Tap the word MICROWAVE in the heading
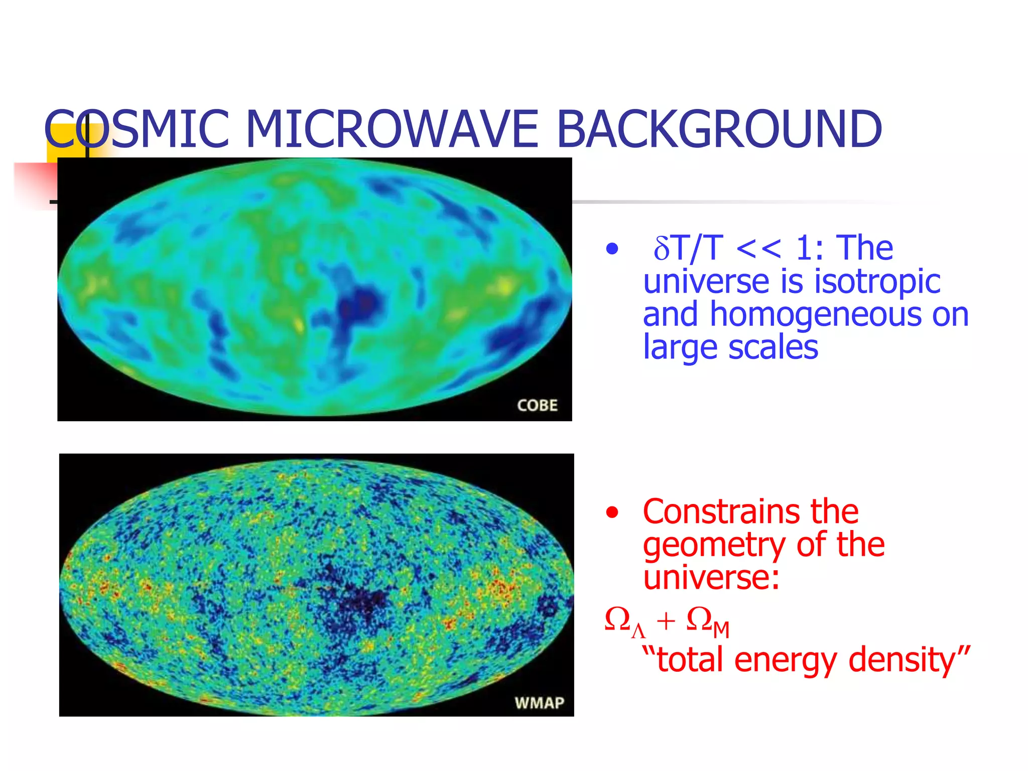392,130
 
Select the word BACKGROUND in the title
719,130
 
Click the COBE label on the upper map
537,405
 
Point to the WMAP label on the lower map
539,702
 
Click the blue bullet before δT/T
611,248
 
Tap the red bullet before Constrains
611,512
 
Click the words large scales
730,347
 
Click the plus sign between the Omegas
666,622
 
